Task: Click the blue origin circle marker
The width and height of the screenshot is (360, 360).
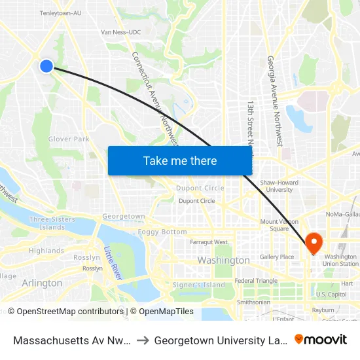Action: pyautogui.click(x=46, y=66)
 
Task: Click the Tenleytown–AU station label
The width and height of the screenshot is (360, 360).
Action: pyautogui.click(x=61, y=12)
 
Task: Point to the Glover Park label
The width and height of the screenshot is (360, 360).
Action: pyautogui.click(x=69, y=139)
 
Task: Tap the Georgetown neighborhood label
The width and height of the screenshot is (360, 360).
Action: pyautogui.click(x=124, y=216)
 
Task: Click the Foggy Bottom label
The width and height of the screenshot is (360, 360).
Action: pyautogui.click(x=162, y=232)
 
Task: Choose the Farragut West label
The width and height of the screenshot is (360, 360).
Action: pyautogui.click(x=209, y=242)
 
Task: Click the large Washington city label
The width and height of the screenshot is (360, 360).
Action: pyautogui.click(x=223, y=261)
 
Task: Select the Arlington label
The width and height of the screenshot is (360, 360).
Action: pyautogui.click(x=42, y=283)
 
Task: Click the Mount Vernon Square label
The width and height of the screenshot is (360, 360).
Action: pyautogui.click(x=279, y=225)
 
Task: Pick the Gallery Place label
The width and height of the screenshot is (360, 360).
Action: pyautogui.click(x=277, y=257)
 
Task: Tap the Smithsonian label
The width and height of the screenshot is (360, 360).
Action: pyautogui.click(x=253, y=302)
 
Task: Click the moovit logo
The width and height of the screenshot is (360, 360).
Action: pyautogui.click(x=321, y=339)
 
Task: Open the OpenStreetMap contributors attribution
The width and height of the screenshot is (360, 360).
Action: pyautogui.click(x=65, y=312)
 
